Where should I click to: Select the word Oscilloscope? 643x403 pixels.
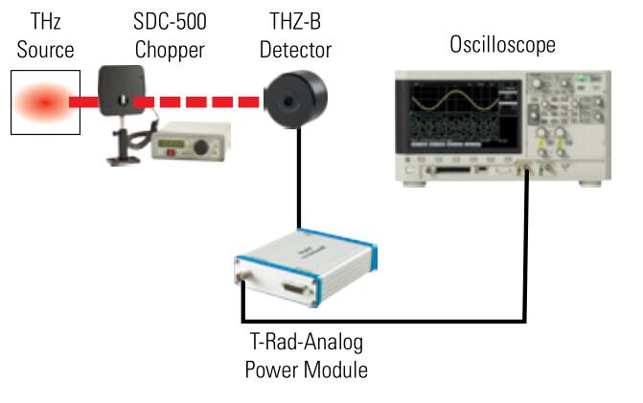[x=502, y=45]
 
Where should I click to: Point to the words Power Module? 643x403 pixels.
[x=305, y=369]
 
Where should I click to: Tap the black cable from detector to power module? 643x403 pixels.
[x=300, y=182]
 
